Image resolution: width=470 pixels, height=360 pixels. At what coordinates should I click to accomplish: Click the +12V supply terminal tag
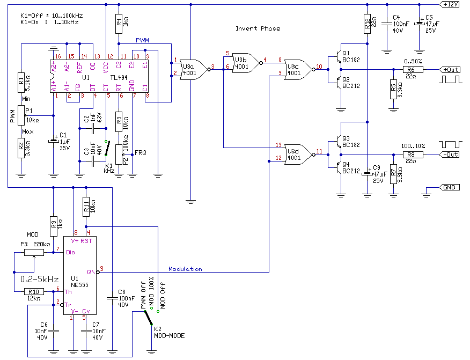point(449,4)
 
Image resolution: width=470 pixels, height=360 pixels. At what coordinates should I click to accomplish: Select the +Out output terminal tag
point(449,70)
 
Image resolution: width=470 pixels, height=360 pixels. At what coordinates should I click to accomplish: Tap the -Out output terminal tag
point(449,155)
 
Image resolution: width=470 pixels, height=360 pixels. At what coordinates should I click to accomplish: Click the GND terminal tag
point(449,187)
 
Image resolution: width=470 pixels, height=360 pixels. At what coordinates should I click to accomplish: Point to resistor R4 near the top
point(119,24)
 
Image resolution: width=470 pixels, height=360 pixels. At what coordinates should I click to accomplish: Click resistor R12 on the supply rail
point(367,24)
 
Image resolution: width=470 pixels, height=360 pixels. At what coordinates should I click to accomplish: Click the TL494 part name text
point(119,78)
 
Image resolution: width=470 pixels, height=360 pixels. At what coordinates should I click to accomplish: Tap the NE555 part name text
point(79,285)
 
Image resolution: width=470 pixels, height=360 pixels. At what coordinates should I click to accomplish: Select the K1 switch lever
point(107,148)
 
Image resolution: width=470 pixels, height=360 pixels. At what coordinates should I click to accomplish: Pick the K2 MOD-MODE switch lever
point(148,318)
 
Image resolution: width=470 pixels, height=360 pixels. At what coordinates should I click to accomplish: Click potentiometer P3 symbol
point(34,253)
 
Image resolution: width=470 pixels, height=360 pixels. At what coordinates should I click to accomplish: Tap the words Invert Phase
point(258,28)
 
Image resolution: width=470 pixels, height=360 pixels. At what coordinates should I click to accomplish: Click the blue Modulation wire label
point(185,269)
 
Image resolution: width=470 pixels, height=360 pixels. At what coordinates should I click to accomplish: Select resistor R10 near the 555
point(34,291)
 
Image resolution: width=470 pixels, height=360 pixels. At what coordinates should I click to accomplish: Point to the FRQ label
point(140,153)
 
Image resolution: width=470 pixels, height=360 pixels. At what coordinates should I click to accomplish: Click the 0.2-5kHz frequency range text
point(40,280)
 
